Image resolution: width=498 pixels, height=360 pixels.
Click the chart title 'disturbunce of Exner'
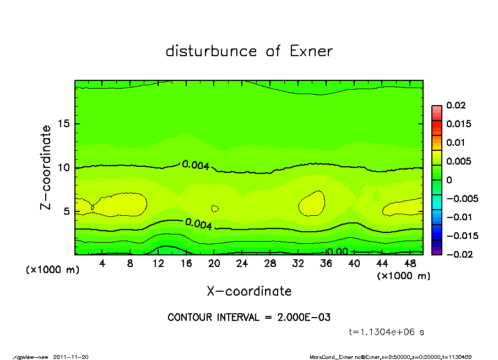pos(249,51)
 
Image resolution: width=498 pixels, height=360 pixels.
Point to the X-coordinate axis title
pos(249,291)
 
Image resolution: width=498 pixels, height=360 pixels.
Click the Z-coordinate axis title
pos(46,167)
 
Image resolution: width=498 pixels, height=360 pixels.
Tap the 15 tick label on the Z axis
pos(64,124)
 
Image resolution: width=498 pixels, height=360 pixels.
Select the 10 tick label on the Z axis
pos(64,167)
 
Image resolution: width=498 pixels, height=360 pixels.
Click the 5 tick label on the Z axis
pos(67,211)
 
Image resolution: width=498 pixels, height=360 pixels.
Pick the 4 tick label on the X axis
pos(102,264)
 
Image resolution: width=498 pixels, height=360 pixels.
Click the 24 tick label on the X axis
pos(242,264)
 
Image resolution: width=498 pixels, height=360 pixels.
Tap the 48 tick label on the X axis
pos(410,264)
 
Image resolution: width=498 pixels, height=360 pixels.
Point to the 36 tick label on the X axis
pos(326,264)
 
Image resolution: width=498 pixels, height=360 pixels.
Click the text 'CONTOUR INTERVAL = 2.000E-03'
pos(249,318)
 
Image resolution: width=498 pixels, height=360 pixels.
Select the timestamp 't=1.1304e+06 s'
pos(387,332)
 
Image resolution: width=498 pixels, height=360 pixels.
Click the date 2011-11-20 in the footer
pos(71,357)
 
